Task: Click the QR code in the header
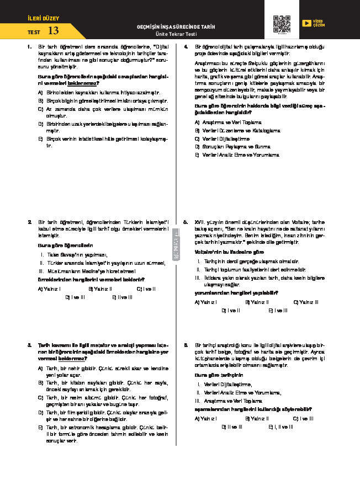282,24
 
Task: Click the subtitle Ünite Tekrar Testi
176,34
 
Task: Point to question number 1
29,47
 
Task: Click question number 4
186,47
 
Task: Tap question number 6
186,344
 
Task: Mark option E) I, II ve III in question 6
281,426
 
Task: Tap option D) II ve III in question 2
75,297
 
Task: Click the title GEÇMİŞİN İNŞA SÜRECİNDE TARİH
176,26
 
